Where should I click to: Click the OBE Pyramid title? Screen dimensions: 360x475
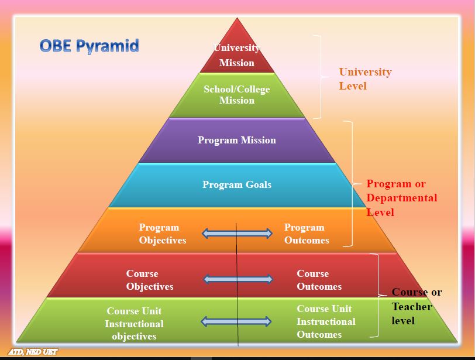click(x=89, y=46)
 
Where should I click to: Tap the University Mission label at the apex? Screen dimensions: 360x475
click(x=237, y=56)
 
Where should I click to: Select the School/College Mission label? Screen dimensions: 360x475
click(x=237, y=95)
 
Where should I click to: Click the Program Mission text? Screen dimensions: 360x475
click(x=237, y=140)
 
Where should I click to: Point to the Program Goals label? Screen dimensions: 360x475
click(x=237, y=185)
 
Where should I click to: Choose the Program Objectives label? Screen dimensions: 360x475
click(x=162, y=234)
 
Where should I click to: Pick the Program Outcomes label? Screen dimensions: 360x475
click(x=307, y=234)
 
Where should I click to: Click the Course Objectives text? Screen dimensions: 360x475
click(x=150, y=280)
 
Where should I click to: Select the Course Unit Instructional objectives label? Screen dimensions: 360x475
click(x=135, y=324)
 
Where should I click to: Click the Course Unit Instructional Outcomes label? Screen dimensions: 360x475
click(x=326, y=321)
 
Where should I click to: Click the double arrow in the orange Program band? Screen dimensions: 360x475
click(x=237, y=234)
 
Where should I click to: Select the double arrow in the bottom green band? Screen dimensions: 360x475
click(x=236, y=321)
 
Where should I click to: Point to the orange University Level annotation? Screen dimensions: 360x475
click(x=365, y=79)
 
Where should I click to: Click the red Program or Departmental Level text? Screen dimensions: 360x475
click(x=401, y=198)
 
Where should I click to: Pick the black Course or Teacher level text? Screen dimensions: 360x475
click(x=416, y=306)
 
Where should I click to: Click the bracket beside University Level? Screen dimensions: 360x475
click(x=319, y=76)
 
